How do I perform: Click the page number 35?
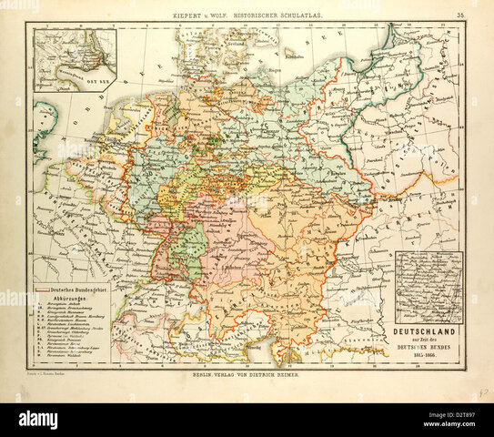[x=461, y=15]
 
